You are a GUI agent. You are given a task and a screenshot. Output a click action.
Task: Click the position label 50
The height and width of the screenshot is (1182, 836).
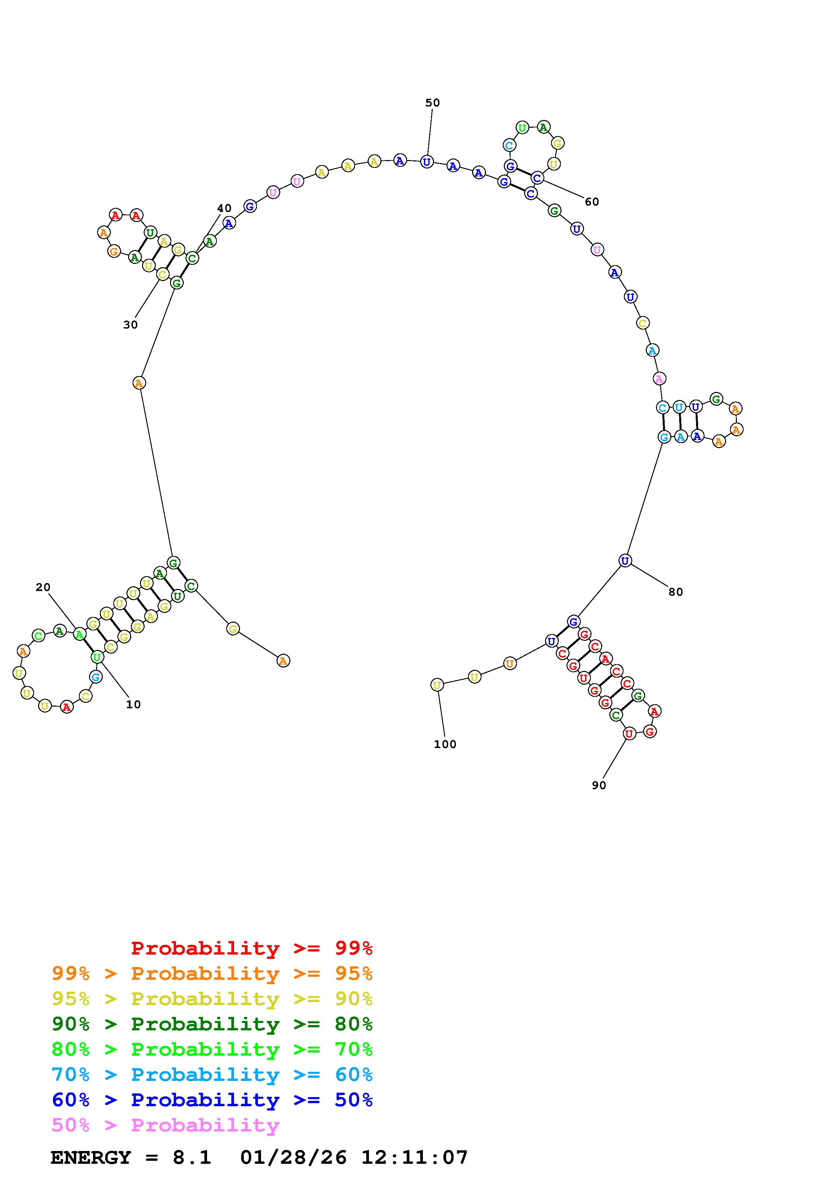pyautogui.click(x=432, y=103)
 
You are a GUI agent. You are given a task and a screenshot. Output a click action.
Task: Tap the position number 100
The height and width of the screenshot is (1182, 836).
pyautogui.click(x=445, y=744)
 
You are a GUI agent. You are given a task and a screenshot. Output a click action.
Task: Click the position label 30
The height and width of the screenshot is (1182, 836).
pyautogui.click(x=130, y=325)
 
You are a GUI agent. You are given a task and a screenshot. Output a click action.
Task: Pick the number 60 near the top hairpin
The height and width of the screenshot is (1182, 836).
pyautogui.click(x=592, y=202)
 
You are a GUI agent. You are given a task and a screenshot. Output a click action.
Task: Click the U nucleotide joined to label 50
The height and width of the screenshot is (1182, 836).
pyautogui.click(x=427, y=162)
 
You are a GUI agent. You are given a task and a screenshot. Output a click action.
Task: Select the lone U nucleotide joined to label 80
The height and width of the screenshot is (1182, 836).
pyautogui.click(x=625, y=561)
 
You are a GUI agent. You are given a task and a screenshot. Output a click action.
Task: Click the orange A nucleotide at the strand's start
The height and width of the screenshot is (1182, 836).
pyautogui.click(x=283, y=660)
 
